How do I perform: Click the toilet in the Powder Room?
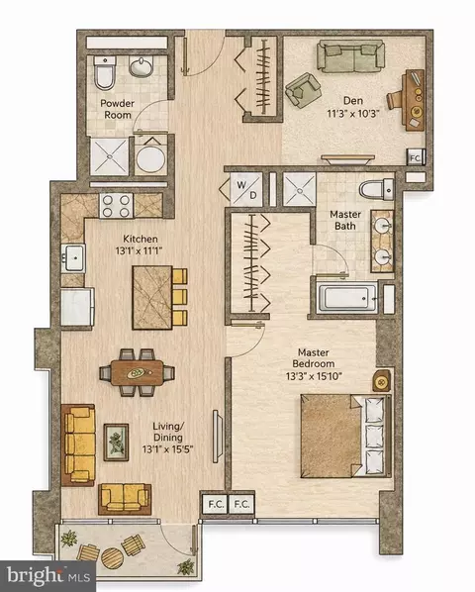(x=104, y=72)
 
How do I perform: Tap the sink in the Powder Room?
(x=142, y=66)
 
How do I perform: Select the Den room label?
(x=353, y=101)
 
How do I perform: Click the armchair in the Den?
(x=304, y=91)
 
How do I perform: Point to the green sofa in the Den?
(x=350, y=56)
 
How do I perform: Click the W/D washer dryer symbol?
(x=246, y=189)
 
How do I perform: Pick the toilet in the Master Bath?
(x=376, y=189)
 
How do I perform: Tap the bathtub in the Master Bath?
(x=347, y=298)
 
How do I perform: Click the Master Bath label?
(x=345, y=220)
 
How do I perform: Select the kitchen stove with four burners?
(x=116, y=206)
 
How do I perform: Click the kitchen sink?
(x=74, y=257)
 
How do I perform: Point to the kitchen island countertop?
(x=152, y=298)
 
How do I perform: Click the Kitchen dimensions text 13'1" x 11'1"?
(x=139, y=250)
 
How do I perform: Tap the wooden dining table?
(x=137, y=372)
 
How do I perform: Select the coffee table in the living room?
(x=116, y=443)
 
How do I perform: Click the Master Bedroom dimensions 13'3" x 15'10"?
(x=314, y=376)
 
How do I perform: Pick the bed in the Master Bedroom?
(x=346, y=436)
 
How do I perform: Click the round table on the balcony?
(x=112, y=558)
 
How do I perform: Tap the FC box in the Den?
(x=416, y=157)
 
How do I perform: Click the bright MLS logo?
(x=48, y=576)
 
